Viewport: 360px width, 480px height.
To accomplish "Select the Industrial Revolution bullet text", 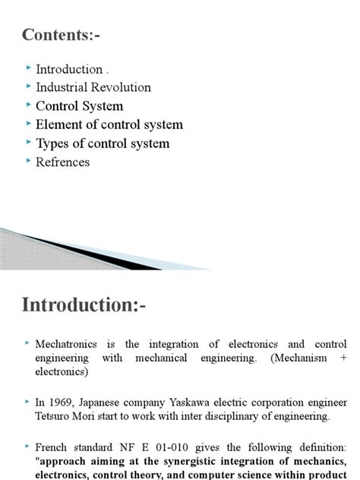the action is (93, 87).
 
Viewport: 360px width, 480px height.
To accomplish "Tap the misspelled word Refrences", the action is (62, 162).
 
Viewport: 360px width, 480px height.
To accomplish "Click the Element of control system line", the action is (109, 125).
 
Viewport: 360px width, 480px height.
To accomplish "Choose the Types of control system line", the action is (103, 144).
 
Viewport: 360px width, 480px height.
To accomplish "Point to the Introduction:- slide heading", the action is (84, 305).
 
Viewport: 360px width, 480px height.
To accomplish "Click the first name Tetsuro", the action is (54, 415).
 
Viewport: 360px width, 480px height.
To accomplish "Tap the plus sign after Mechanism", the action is (343, 358).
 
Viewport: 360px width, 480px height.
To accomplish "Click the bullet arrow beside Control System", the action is (28, 106).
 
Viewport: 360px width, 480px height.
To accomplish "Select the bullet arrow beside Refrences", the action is (28, 161).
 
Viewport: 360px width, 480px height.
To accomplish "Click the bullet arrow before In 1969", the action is (28, 401).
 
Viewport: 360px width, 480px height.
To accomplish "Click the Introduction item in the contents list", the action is (69, 69).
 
